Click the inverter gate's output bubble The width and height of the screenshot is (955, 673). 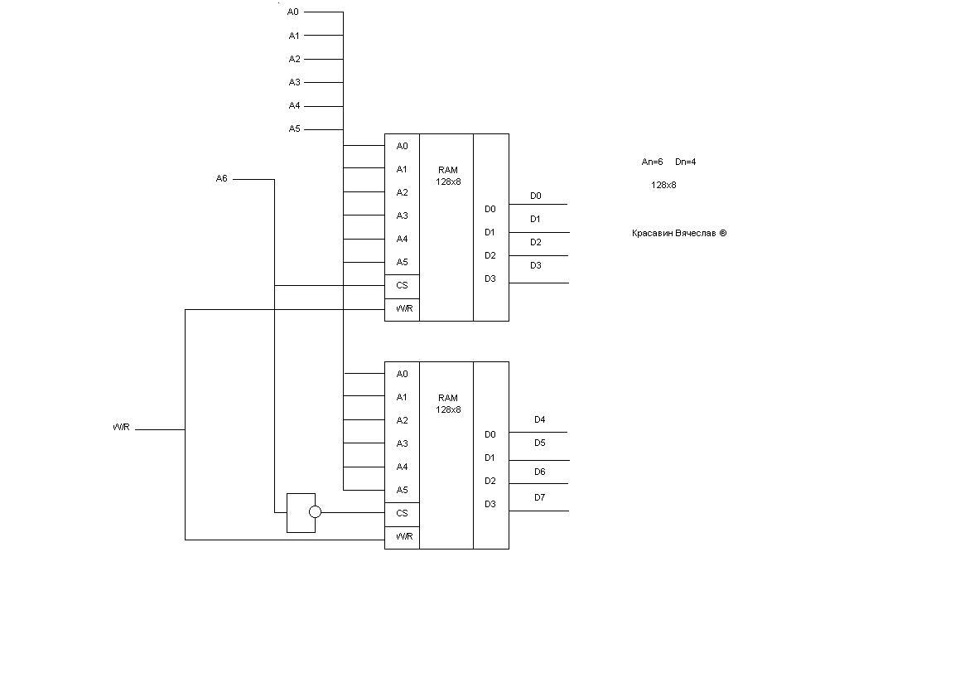pyautogui.click(x=315, y=512)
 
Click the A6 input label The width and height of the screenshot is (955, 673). pyautogui.click(x=221, y=178)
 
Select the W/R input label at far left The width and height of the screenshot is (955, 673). pyautogui.click(x=121, y=428)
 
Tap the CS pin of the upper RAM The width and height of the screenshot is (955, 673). pyautogui.click(x=402, y=285)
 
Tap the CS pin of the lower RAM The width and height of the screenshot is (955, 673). pyautogui.click(x=402, y=513)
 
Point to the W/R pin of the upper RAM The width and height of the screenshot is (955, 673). pyautogui.click(x=403, y=308)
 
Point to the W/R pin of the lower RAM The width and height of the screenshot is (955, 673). pyautogui.click(x=403, y=536)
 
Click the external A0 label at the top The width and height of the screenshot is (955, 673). pyautogui.click(x=293, y=12)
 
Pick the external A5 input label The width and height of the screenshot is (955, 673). pyautogui.click(x=294, y=128)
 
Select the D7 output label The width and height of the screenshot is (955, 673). pyautogui.click(x=539, y=497)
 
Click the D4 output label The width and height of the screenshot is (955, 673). pyautogui.click(x=539, y=419)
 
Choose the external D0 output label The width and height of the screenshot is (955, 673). pyautogui.click(x=535, y=196)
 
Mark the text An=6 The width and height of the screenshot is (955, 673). pyautogui.click(x=652, y=162)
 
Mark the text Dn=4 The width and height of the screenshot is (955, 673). pyautogui.click(x=685, y=162)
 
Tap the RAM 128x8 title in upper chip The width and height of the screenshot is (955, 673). pyautogui.click(x=448, y=176)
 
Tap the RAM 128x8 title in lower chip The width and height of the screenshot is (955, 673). pyautogui.click(x=448, y=404)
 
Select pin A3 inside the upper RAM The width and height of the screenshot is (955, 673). pyautogui.click(x=402, y=215)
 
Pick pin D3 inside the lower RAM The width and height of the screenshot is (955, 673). pyautogui.click(x=490, y=504)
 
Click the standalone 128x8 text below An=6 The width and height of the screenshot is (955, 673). pyautogui.click(x=663, y=185)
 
